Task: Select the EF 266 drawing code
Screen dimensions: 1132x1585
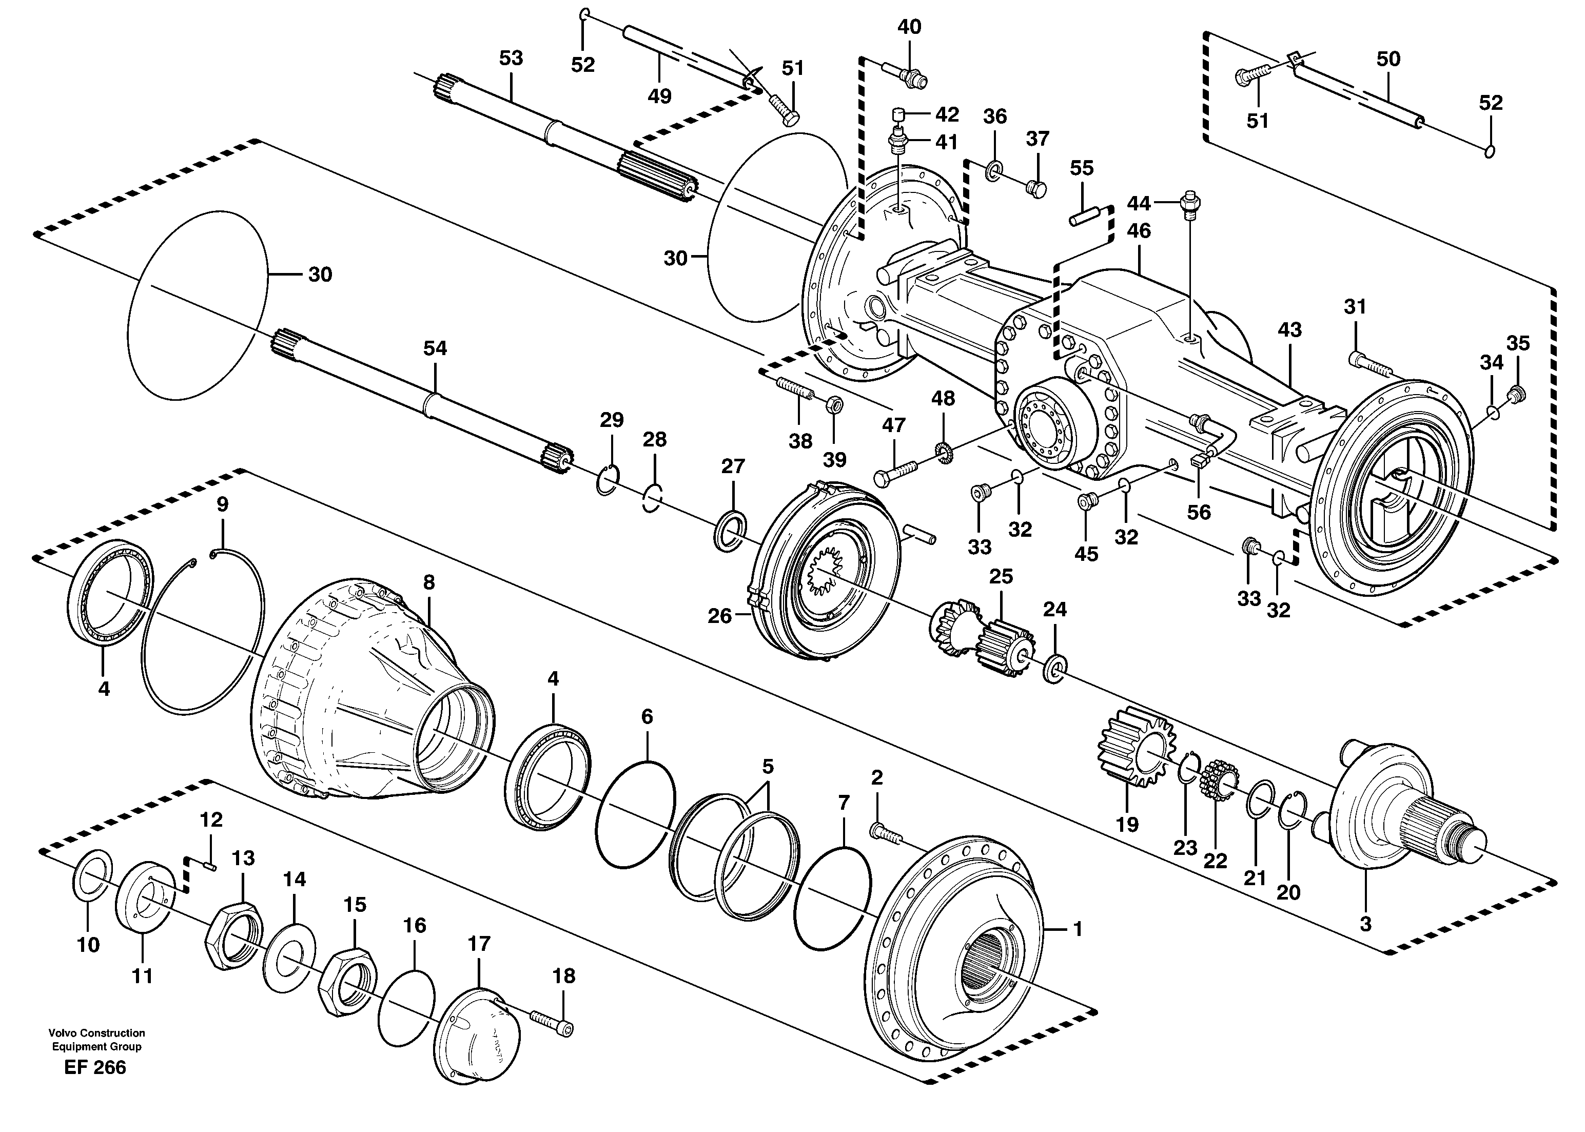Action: tap(95, 1067)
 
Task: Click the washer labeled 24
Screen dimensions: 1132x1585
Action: tap(1054, 669)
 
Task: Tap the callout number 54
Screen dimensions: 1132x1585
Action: tap(435, 348)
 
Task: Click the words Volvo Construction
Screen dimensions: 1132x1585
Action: tap(97, 1033)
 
